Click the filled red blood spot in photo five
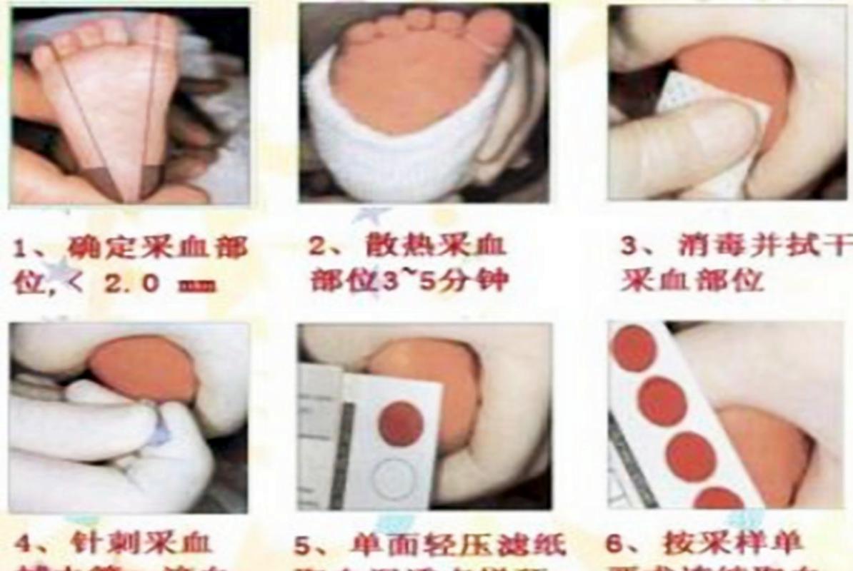[401, 423]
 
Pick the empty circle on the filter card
[394, 477]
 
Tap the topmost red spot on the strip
[634, 348]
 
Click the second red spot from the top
[662, 401]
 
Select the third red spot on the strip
[690, 456]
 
